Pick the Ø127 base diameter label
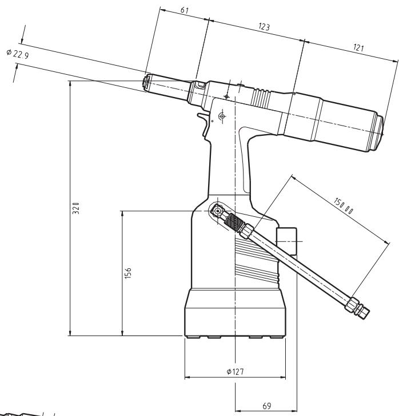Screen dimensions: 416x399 click(235, 371)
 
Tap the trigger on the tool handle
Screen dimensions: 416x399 click(204, 123)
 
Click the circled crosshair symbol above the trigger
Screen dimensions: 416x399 click(222, 116)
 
